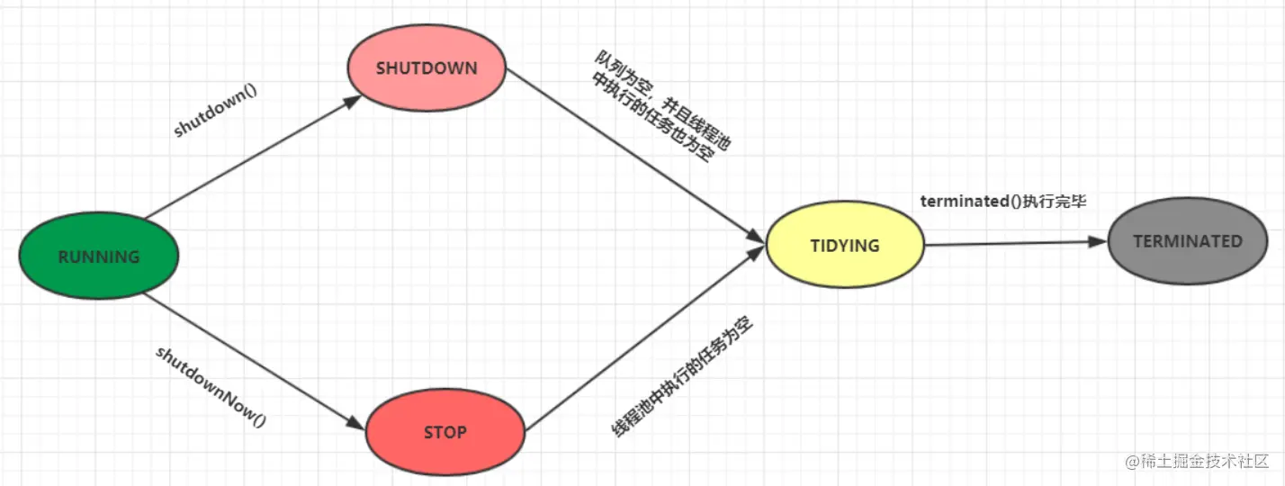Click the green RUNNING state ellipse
[99, 256]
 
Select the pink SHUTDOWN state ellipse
[427, 68]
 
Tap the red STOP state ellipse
[445, 432]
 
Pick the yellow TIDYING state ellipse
[845, 246]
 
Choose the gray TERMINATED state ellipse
[1187, 241]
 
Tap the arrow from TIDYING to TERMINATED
[1012, 243]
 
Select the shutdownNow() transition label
[211, 385]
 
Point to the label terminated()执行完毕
[1003, 202]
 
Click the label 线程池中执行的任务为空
[682, 376]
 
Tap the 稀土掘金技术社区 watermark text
[1197, 461]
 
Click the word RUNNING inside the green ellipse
[99, 256]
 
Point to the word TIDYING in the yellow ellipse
[845, 246]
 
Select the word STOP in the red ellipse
[445, 432]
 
